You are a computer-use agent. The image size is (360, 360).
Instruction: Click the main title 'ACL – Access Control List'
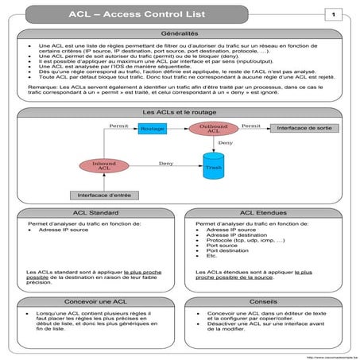point(168,14)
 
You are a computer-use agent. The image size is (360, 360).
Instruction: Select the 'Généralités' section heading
point(180,36)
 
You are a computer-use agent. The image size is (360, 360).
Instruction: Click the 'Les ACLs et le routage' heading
point(180,113)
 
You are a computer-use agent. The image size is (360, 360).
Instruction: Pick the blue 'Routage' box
point(153,128)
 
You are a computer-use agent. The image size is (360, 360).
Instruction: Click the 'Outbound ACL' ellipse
point(213,130)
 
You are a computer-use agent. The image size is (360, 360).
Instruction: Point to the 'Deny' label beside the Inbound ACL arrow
point(165,163)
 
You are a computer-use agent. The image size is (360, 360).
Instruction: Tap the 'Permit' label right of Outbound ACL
point(251,126)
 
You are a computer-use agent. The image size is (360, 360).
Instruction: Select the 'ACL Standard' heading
point(94,214)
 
